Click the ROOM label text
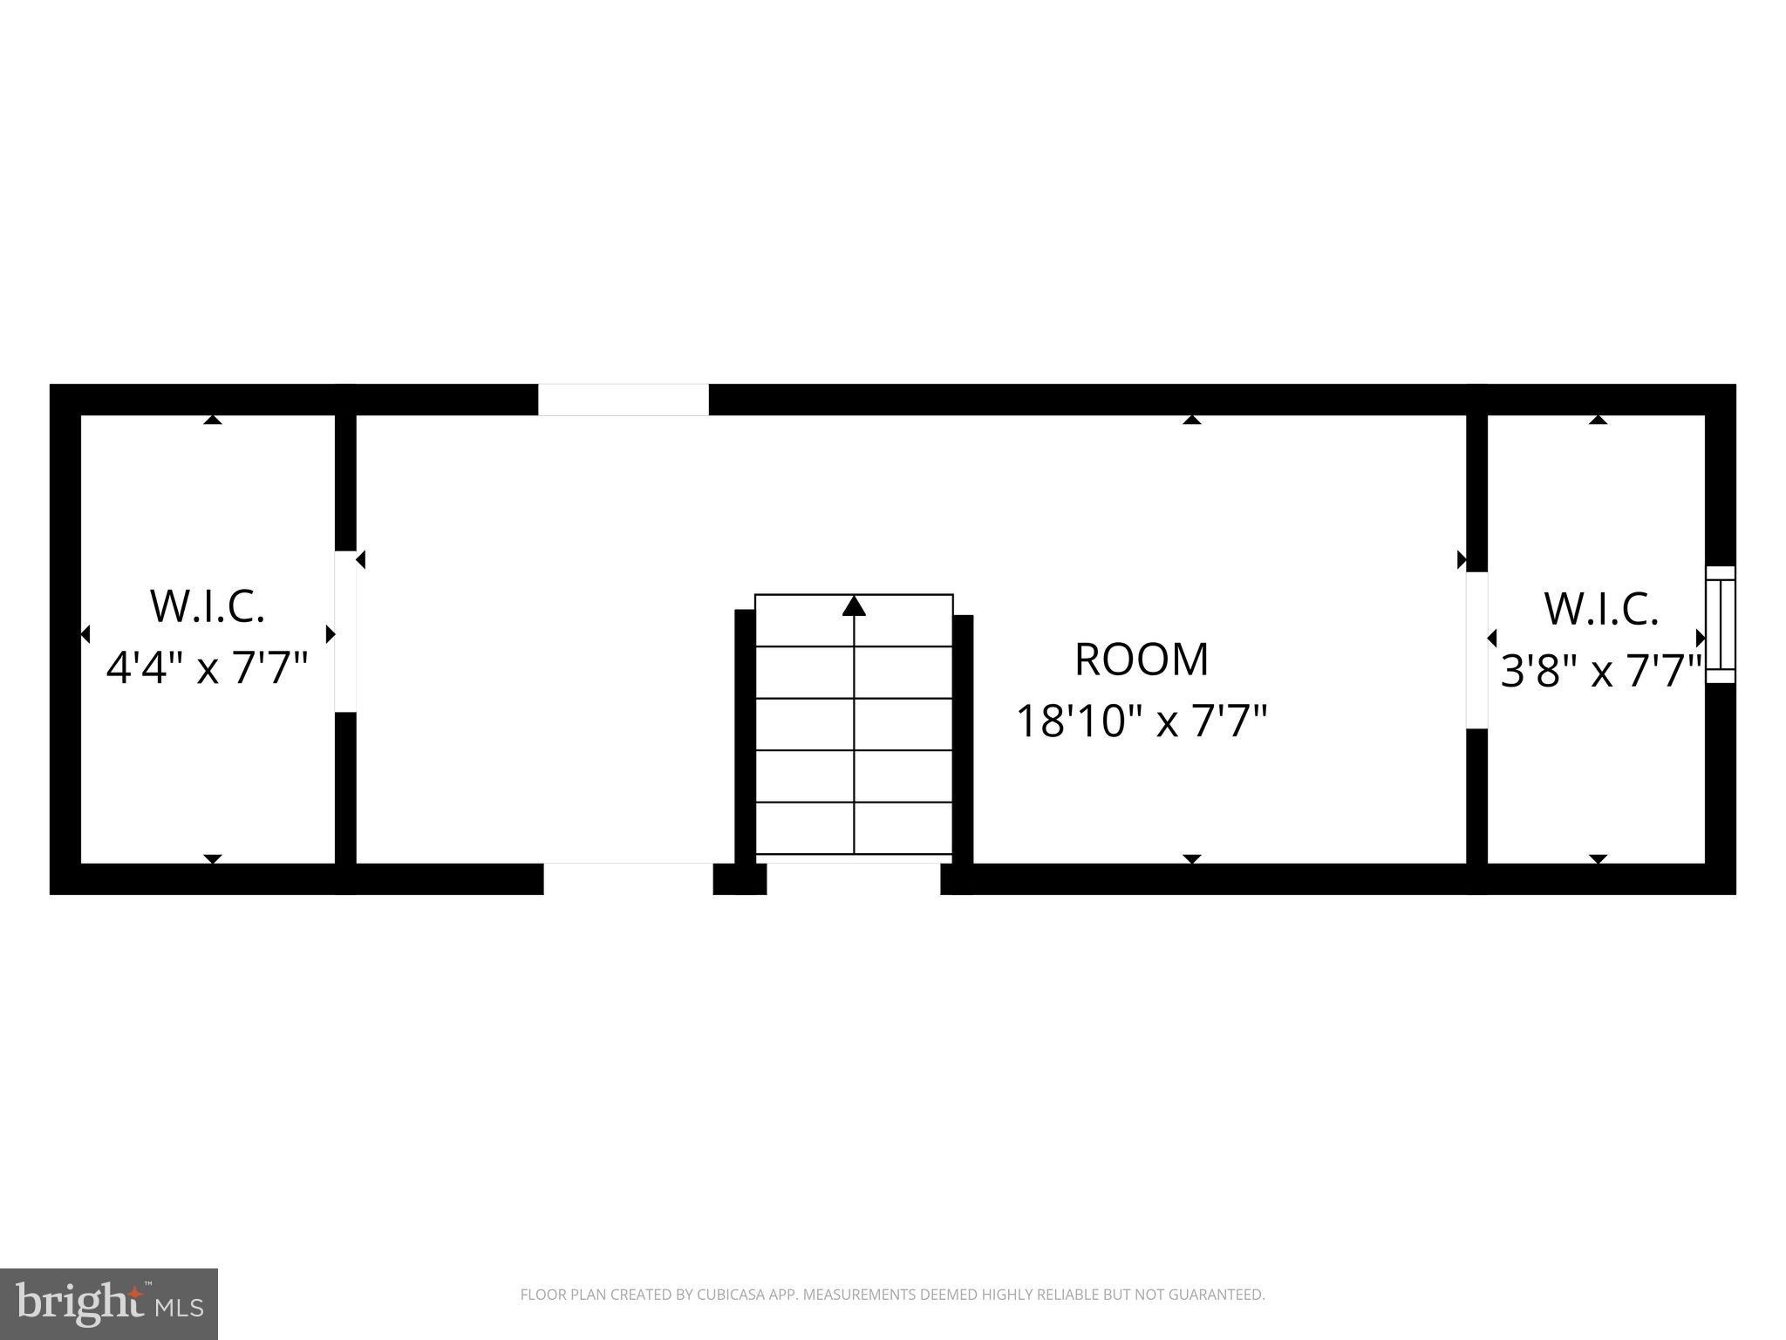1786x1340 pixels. coord(1141,660)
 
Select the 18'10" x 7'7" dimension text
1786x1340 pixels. coord(1141,722)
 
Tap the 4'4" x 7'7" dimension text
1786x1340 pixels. coord(207,670)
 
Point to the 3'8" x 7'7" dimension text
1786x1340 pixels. coord(1601,672)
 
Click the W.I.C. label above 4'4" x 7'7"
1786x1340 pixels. coord(208,607)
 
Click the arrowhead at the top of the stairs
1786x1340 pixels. coord(854,605)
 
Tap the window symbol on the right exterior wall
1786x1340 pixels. coord(1721,625)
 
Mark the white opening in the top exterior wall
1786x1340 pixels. coord(623,400)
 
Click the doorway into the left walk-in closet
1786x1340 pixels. coord(346,631)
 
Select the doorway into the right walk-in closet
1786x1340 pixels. coord(1476,650)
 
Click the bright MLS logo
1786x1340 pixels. coord(109,1303)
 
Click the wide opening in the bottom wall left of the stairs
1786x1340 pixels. coord(628,879)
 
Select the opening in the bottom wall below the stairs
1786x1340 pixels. coord(853,879)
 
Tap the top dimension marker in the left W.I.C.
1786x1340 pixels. coord(213,420)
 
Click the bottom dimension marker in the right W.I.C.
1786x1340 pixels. coord(1598,859)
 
